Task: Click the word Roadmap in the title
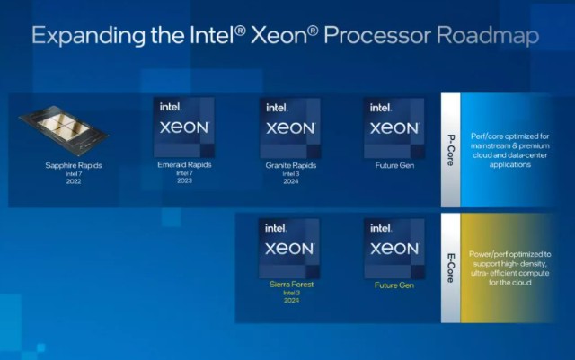(488, 36)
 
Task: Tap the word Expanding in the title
(88, 37)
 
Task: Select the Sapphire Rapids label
(74, 165)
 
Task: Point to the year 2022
(74, 181)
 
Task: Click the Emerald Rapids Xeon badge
(183, 127)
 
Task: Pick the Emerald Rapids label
(184, 164)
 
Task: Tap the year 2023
(184, 180)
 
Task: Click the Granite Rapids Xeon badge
(290, 128)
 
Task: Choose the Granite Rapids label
(291, 165)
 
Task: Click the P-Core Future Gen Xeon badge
(394, 128)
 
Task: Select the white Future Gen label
(394, 165)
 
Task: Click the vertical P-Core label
(451, 150)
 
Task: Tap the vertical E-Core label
(451, 268)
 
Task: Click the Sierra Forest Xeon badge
(289, 249)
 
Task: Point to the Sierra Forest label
(291, 284)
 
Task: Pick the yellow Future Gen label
(394, 285)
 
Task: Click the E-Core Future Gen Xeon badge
(394, 249)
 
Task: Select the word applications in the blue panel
(510, 165)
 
